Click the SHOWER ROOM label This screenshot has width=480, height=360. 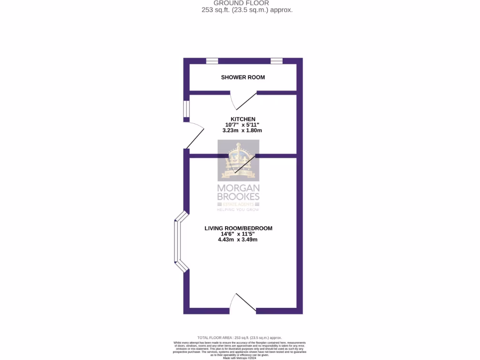243,77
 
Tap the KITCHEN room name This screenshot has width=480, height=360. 243,119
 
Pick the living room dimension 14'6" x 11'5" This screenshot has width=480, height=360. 238,234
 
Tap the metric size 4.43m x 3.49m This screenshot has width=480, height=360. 238,240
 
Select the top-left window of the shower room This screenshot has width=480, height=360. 212,60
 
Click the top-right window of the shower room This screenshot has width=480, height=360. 277,60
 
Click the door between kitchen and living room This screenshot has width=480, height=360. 245,164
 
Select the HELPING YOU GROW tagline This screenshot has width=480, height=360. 238,210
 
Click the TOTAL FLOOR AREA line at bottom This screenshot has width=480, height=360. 240,337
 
